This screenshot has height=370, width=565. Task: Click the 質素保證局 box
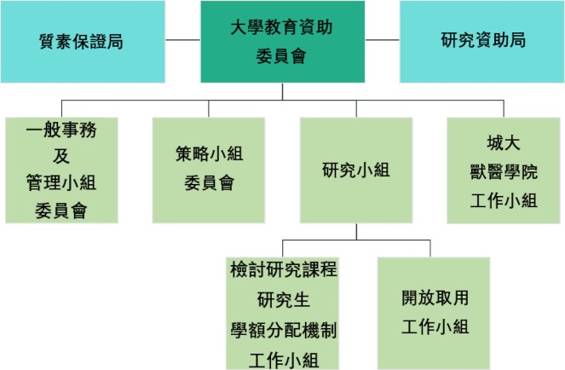pos(83,42)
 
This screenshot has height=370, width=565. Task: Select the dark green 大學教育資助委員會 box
pos(283,42)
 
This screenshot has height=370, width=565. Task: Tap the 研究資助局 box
pos(481,42)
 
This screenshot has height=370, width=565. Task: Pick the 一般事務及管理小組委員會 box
pos(61,171)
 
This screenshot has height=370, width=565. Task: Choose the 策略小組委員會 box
pos(209,171)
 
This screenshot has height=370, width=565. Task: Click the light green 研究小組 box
pos(356,171)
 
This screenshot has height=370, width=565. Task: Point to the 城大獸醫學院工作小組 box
pos(504,171)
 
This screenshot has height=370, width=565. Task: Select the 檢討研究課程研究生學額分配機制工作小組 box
pos(283,313)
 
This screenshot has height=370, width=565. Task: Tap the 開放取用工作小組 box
pos(434,313)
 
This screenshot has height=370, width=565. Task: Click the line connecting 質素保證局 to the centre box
pos(183,40)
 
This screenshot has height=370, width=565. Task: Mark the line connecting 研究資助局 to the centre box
pos(383,40)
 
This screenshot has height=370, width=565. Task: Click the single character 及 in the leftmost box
pos(61,156)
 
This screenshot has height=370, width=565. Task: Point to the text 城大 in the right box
pos(504,143)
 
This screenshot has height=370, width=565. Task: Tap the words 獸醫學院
pos(504,171)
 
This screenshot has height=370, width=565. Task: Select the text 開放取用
pos(435,298)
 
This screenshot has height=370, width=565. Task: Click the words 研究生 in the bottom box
pos(283,300)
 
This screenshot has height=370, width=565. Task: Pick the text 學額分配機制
pos(284,330)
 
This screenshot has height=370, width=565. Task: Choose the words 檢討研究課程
pos(284,269)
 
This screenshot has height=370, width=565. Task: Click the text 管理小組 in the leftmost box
pos(61,182)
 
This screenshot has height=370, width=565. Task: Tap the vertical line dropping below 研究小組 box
pos(356,232)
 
